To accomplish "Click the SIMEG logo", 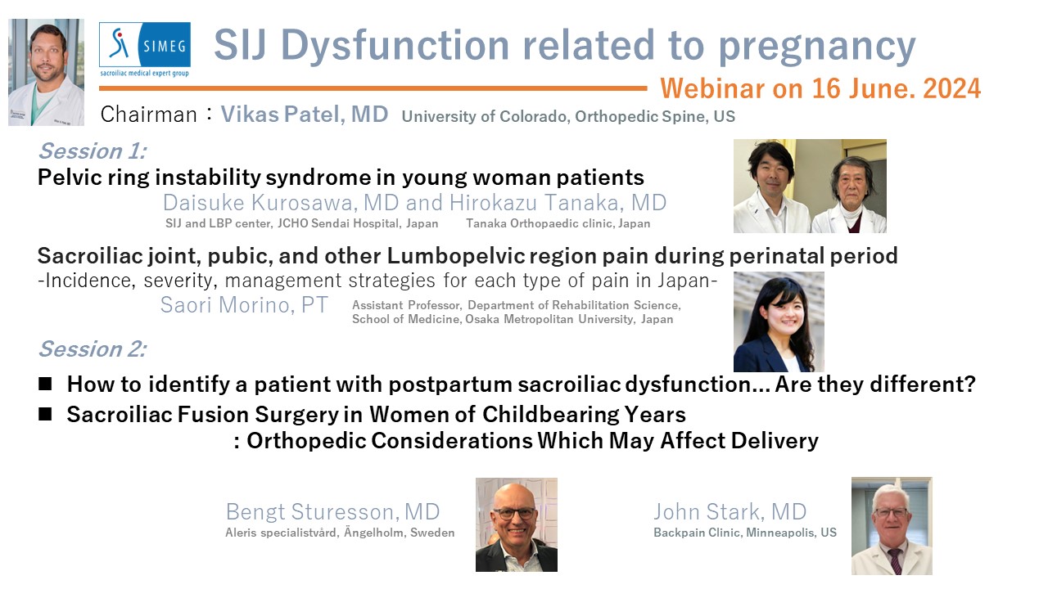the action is pos(145,49).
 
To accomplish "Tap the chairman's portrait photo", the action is pos(47,73).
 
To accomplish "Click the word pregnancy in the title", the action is pos(817,47).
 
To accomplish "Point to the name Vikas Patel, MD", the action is pos(305,114).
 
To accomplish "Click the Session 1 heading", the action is pos(93,151).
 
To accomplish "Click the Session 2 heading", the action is pos(93,349).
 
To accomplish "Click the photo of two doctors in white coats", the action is pos(810,186).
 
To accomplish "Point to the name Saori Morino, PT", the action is pos(244,305).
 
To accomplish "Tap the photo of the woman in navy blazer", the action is pos(779,322).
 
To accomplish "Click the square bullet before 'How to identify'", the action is pos(45,384).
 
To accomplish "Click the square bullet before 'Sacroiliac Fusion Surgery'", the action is pos(45,414).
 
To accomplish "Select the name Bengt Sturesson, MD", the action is pos(332,512).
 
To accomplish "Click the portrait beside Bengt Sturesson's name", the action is pos(517,524).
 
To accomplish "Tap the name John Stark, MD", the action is pos(730,512).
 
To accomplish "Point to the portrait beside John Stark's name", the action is pos(892,526).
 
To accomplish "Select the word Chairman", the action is pos(149,115).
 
